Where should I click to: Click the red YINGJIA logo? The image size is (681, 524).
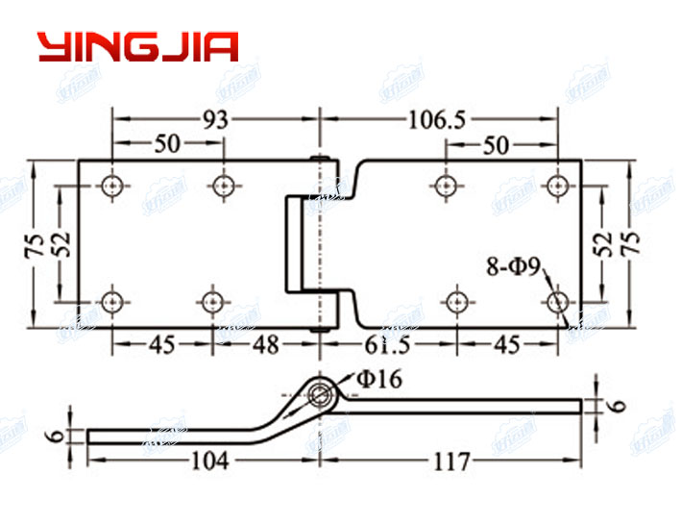click(137, 47)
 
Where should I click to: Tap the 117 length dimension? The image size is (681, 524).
click(449, 462)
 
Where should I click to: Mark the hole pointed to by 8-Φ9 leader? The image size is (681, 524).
click(558, 302)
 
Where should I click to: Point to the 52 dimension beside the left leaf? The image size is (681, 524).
click(61, 243)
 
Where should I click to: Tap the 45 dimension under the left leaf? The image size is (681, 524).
click(161, 344)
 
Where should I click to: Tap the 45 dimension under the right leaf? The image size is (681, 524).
click(508, 344)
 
